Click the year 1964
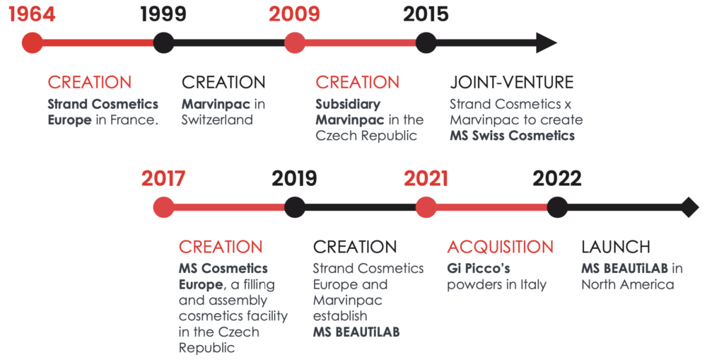pyautogui.click(x=32, y=14)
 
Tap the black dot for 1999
pyautogui.click(x=163, y=43)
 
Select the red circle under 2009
pyautogui.click(x=295, y=43)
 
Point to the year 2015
pyautogui.click(x=426, y=14)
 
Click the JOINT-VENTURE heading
pyautogui.click(x=512, y=82)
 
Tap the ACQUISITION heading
pyautogui.click(x=500, y=247)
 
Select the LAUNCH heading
pyautogui.click(x=616, y=247)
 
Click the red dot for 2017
pyautogui.click(x=163, y=207)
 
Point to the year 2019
pyautogui.click(x=294, y=178)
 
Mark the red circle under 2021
pyautogui.click(x=426, y=207)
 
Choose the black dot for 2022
pyautogui.click(x=557, y=207)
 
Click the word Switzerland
pyautogui.click(x=217, y=120)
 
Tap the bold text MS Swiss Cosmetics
pyautogui.click(x=513, y=135)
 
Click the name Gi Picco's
pyautogui.click(x=479, y=268)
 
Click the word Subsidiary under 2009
pyautogui.click(x=348, y=105)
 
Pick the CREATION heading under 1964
pyautogui.click(x=90, y=82)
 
